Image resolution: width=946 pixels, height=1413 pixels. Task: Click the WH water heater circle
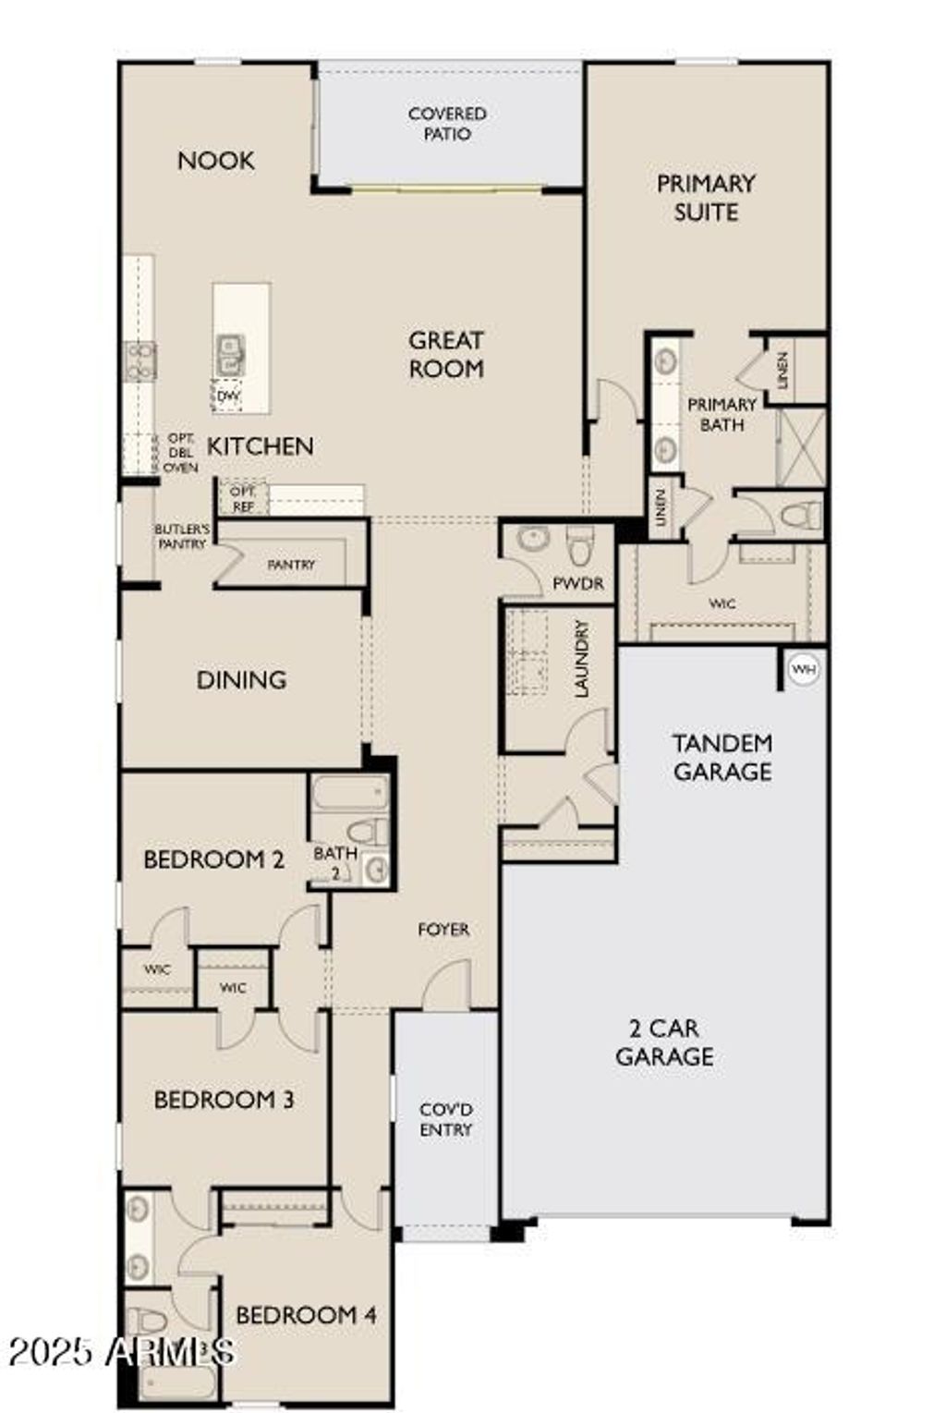[x=804, y=669]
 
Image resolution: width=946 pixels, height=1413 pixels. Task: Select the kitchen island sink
[x=229, y=356]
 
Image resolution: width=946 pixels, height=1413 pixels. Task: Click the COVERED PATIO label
[x=447, y=124]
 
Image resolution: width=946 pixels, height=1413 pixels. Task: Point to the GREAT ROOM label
[x=446, y=354]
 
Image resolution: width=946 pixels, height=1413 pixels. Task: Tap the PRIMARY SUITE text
[x=706, y=197]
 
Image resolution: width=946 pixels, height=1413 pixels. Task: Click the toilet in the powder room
[x=579, y=545]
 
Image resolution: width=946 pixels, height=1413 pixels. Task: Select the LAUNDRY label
[x=581, y=658]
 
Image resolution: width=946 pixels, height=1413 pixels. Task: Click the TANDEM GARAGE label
[x=722, y=757]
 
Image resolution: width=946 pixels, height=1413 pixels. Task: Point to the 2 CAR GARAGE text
[x=664, y=1041]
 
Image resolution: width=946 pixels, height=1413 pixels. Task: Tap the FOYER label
[x=443, y=930]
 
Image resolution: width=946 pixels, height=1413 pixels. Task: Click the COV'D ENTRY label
[x=446, y=1119]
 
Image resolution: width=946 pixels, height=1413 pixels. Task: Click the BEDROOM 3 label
[x=224, y=1100]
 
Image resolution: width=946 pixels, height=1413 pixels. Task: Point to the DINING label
[x=241, y=680]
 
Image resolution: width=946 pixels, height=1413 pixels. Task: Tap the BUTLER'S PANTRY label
[x=182, y=537]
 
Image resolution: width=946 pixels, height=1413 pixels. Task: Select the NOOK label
[x=216, y=161]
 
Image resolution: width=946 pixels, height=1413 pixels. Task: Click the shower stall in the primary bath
[x=800, y=448]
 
